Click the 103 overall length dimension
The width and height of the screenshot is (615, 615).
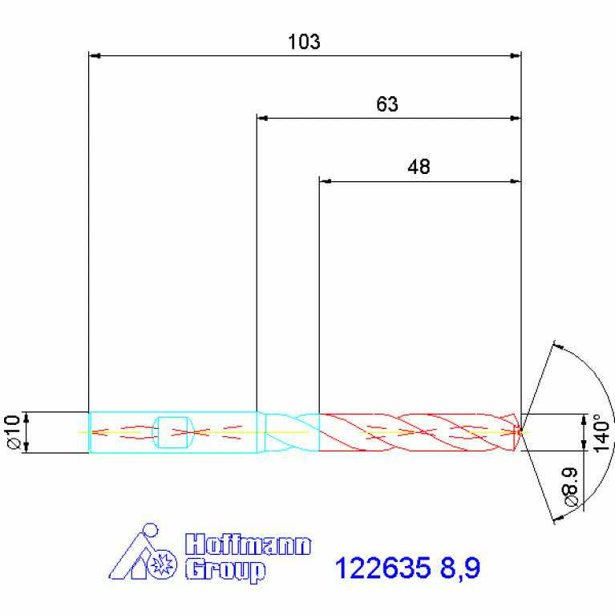click(304, 42)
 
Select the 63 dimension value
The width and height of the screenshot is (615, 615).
click(387, 104)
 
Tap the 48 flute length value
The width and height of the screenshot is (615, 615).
click(419, 167)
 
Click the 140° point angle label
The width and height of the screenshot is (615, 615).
click(602, 433)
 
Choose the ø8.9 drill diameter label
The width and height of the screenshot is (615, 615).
click(571, 487)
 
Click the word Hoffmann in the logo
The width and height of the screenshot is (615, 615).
click(248, 544)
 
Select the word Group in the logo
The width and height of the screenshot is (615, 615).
click(225, 571)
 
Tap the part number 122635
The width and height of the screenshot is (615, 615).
click(382, 568)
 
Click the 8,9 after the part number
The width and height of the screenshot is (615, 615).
click(460, 568)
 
